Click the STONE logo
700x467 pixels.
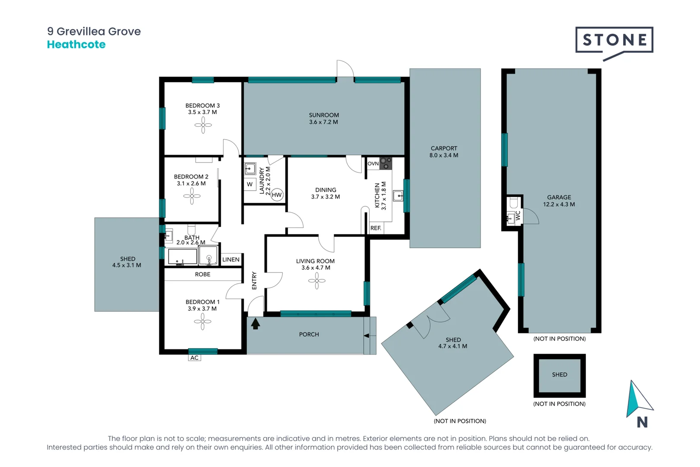614,41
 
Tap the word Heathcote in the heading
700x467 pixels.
76,45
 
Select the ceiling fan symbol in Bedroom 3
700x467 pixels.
203,126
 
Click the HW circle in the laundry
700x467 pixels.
277,195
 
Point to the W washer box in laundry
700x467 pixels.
250,184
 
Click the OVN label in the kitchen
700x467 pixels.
373,163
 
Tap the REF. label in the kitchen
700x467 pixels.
376,228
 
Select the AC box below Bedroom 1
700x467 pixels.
195,358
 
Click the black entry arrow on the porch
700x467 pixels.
255,323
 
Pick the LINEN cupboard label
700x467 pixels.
231,259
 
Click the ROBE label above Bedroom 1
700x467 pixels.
203,274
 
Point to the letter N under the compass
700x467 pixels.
642,422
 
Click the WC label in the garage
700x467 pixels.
518,215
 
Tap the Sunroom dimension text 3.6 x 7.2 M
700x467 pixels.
324,122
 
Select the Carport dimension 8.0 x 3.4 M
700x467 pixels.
444,155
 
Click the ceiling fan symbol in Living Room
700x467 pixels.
317,281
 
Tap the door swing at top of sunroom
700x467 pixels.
345,69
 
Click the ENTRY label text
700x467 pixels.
254,281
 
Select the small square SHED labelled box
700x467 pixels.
560,375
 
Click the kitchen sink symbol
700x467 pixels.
398,196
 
